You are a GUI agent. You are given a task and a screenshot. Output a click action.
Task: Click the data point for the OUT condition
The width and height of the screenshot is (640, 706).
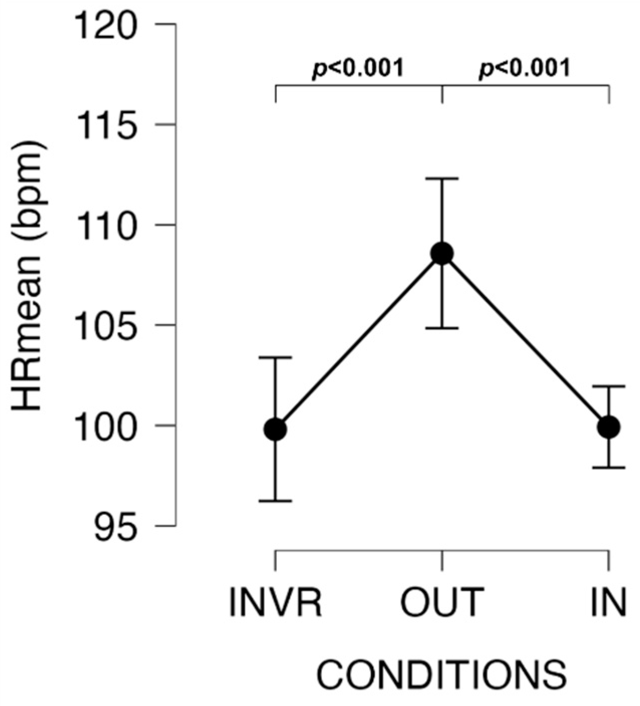click(442, 253)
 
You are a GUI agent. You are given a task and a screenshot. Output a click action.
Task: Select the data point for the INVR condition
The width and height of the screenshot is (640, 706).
click(275, 429)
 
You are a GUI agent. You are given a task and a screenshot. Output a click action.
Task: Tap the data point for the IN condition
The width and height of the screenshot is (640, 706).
click(609, 427)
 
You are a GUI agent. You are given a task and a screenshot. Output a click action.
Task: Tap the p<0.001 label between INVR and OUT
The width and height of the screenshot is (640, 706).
click(358, 68)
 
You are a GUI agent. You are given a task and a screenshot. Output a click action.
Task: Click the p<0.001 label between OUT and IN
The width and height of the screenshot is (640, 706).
click(525, 68)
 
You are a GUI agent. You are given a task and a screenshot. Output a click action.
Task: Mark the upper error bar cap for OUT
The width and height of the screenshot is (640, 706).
click(442, 179)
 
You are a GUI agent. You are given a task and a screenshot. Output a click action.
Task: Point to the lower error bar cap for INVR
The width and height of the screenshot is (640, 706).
click(275, 501)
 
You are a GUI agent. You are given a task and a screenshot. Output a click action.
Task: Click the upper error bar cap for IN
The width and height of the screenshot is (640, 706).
click(609, 386)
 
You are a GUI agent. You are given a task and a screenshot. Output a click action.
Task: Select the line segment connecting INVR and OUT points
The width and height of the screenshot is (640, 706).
click(359, 341)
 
